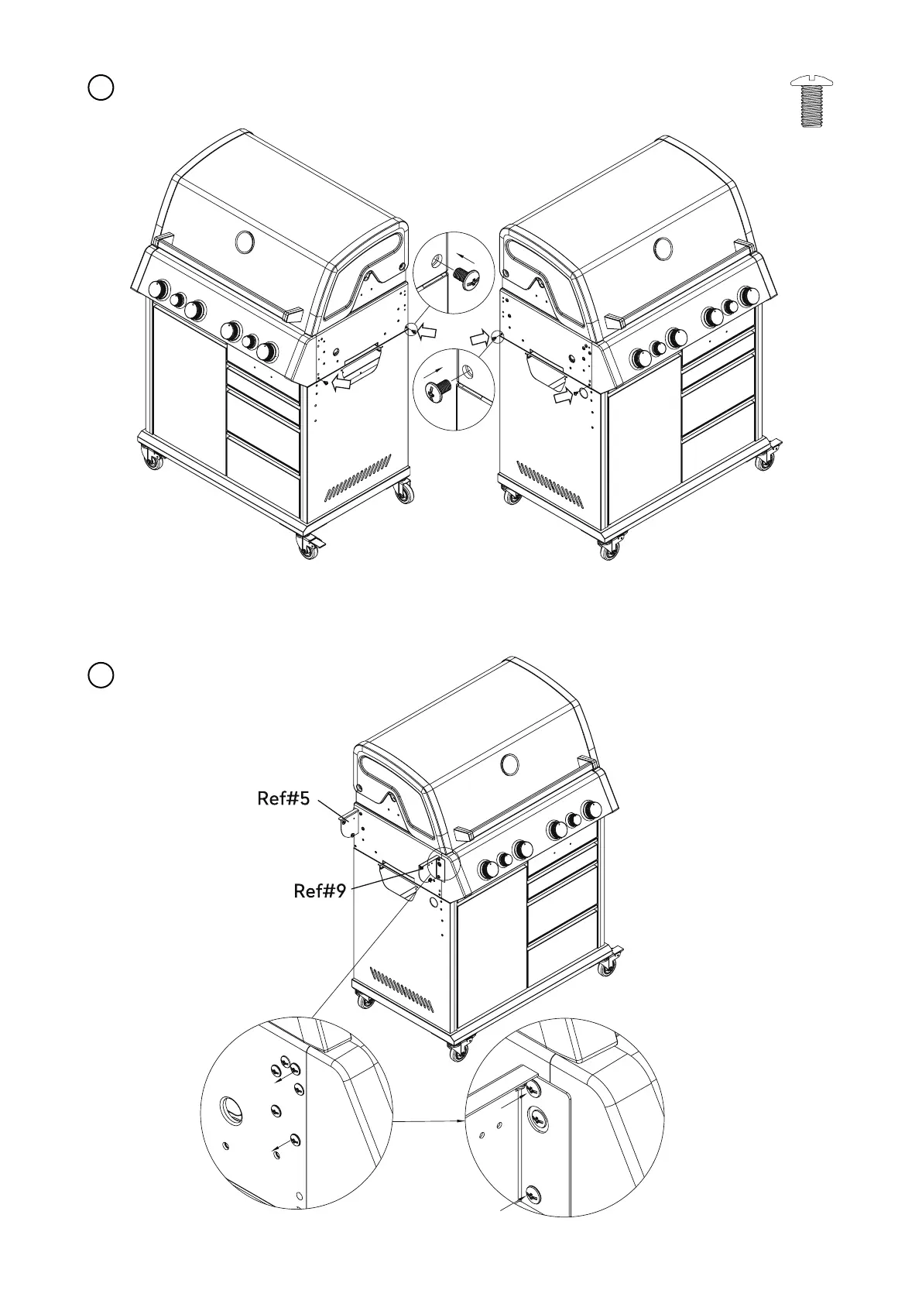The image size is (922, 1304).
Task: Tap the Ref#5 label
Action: [x=283, y=798]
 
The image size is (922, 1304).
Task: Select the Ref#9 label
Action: [x=319, y=891]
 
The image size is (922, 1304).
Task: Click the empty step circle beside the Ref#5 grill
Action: [x=101, y=674]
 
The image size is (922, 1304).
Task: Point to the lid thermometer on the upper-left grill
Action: [x=245, y=242]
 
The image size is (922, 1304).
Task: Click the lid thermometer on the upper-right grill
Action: [x=663, y=249]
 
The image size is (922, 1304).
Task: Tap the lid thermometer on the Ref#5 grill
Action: [x=509, y=765]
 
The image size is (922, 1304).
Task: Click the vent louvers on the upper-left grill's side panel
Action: [x=358, y=478]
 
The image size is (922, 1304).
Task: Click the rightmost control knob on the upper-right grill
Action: [x=749, y=296]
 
